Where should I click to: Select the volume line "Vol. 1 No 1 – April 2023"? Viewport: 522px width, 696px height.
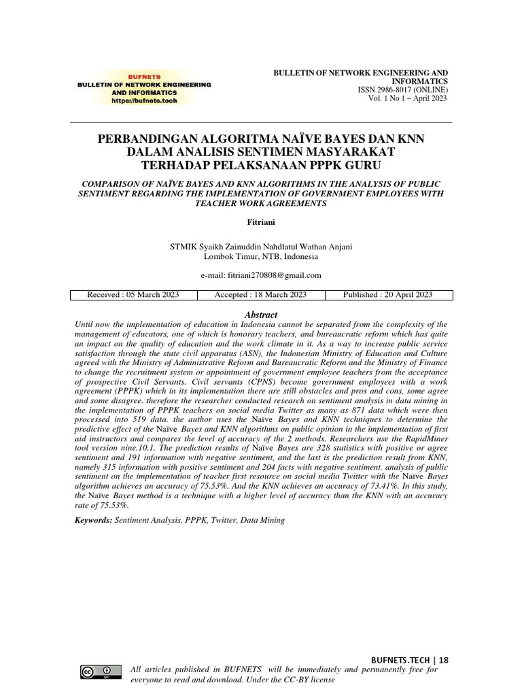pyautogui.click(x=408, y=99)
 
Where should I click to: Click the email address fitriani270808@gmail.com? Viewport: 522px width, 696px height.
pyautogui.click(x=261, y=275)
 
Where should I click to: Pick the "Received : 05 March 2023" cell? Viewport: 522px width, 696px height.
pyautogui.click(x=133, y=295)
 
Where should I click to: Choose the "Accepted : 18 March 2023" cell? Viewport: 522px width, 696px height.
pyautogui.click(x=260, y=295)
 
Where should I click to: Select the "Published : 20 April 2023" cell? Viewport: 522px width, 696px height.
pyautogui.click(x=389, y=295)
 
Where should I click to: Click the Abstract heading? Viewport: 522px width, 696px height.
pyautogui.click(x=261, y=315)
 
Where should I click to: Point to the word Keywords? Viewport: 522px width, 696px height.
pyautogui.click(x=93, y=520)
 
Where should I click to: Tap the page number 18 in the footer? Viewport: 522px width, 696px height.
pyautogui.click(x=444, y=659)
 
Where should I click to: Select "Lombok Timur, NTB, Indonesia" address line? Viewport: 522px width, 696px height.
pyautogui.click(x=261, y=257)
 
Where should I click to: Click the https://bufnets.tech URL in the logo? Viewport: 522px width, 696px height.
pyautogui.click(x=143, y=100)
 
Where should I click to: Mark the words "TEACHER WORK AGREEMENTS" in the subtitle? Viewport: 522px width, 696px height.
pyautogui.click(x=261, y=203)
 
